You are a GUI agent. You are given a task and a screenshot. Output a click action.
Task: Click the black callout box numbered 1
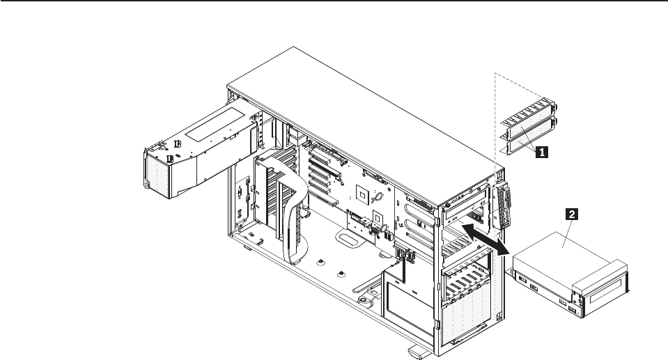[541, 152]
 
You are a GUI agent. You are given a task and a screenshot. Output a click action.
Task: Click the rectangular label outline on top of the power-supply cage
[215, 125]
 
